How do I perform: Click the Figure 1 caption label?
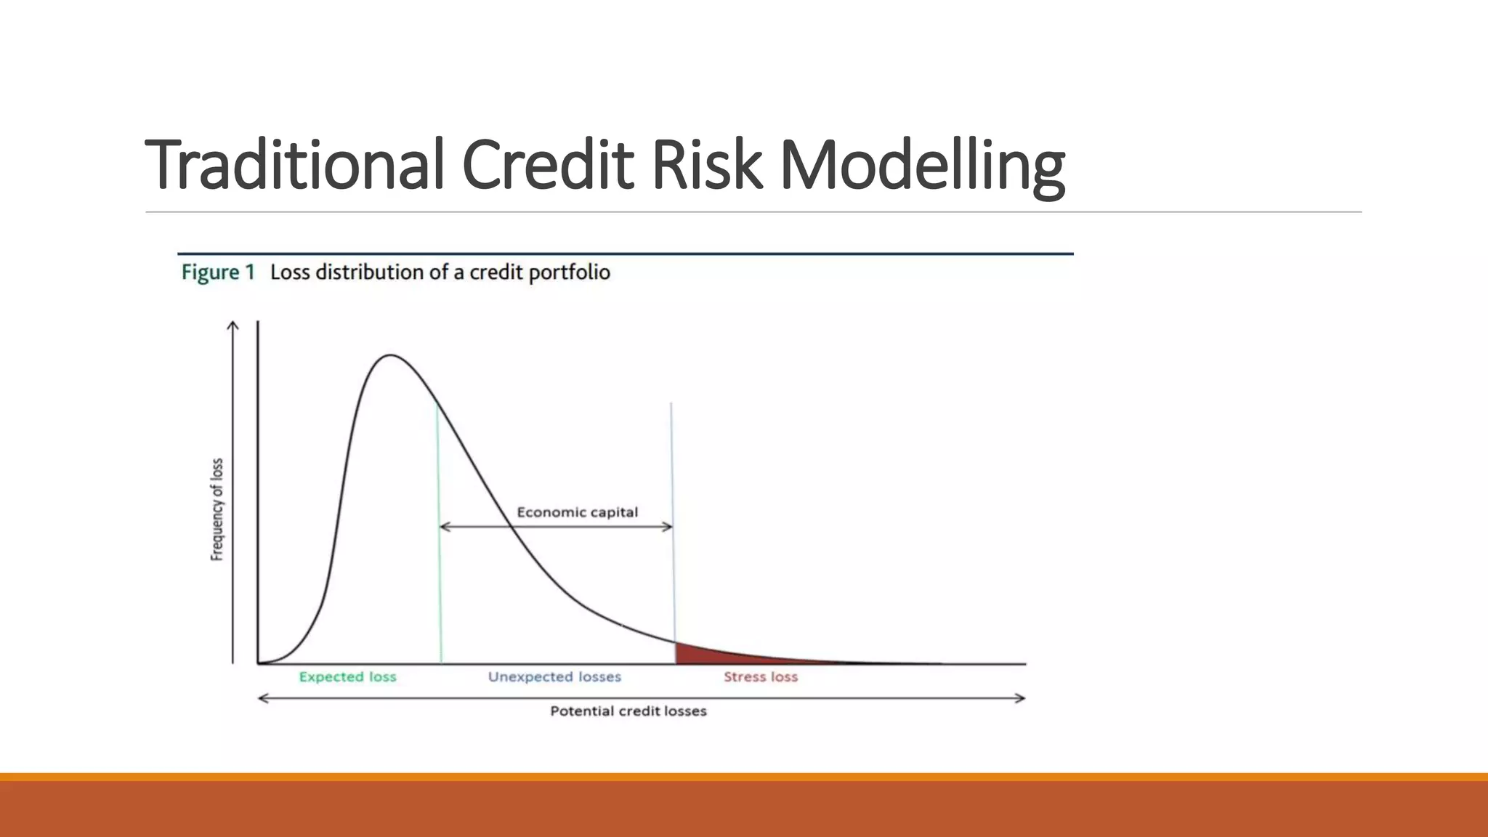[218, 272]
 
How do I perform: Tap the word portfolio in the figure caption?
[569, 273]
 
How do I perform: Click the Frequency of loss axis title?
[217, 509]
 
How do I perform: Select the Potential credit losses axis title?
[628, 711]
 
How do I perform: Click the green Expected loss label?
[347, 677]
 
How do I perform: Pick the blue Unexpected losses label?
[554, 677]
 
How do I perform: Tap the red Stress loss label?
[760, 677]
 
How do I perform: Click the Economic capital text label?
[577, 512]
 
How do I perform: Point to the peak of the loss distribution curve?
[390, 355]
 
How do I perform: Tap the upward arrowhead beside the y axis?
[232, 325]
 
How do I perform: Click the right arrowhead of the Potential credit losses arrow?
[1020, 698]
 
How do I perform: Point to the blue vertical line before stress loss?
[672, 509]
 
